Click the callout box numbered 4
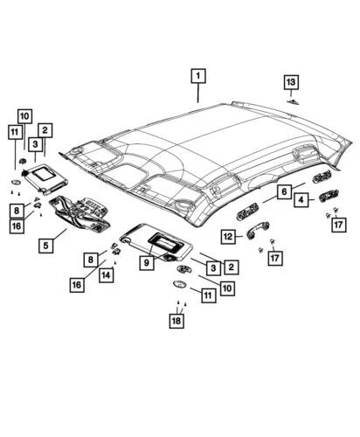(299, 200)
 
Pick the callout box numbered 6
(284, 191)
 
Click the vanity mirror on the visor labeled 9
(163, 237)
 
